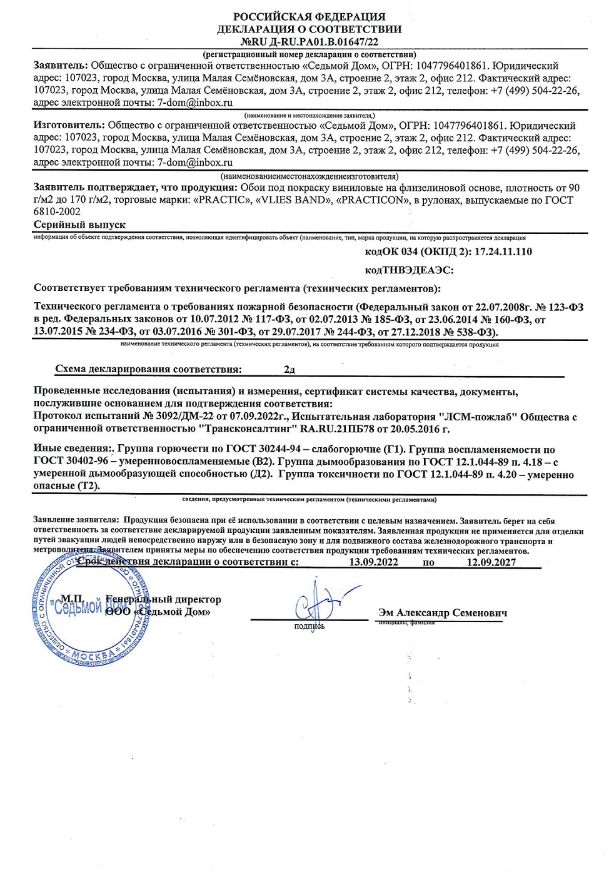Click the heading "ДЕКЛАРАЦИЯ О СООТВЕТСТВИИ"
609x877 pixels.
[x=309, y=29]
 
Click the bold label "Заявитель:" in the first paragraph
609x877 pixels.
[x=61, y=66]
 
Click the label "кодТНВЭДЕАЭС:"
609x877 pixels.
[x=409, y=270]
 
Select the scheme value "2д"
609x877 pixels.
[x=289, y=370]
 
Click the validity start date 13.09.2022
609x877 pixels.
[x=373, y=562]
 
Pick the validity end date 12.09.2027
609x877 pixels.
[x=491, y=562]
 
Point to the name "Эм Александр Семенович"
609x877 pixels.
[x=442, y=612]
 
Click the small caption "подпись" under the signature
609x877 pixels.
[x=310, y=626]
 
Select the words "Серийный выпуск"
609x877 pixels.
[x=79, y=225]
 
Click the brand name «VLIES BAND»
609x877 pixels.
[x=293, y=200]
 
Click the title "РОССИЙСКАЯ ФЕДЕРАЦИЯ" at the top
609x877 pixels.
[x=309, y=17]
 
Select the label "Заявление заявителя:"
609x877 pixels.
[x=76, y=520]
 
